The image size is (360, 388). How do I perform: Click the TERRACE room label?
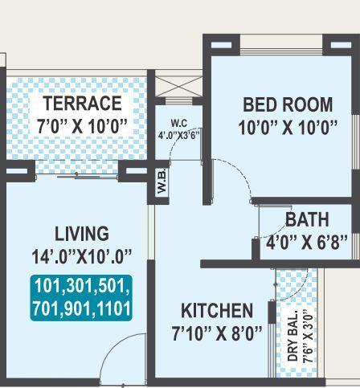82,104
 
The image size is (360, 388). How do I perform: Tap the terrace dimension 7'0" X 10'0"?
82,126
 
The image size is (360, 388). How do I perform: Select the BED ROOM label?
288,104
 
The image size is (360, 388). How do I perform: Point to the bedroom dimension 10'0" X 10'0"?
288,127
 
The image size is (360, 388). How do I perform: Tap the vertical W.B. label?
162,184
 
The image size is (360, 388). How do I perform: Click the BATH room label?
307,219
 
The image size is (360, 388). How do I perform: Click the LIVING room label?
81,234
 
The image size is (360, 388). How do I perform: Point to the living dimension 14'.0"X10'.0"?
81,257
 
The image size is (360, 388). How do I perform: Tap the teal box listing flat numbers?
81,297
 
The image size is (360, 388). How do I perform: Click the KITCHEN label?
216,311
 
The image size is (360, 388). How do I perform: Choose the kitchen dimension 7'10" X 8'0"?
217,333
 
